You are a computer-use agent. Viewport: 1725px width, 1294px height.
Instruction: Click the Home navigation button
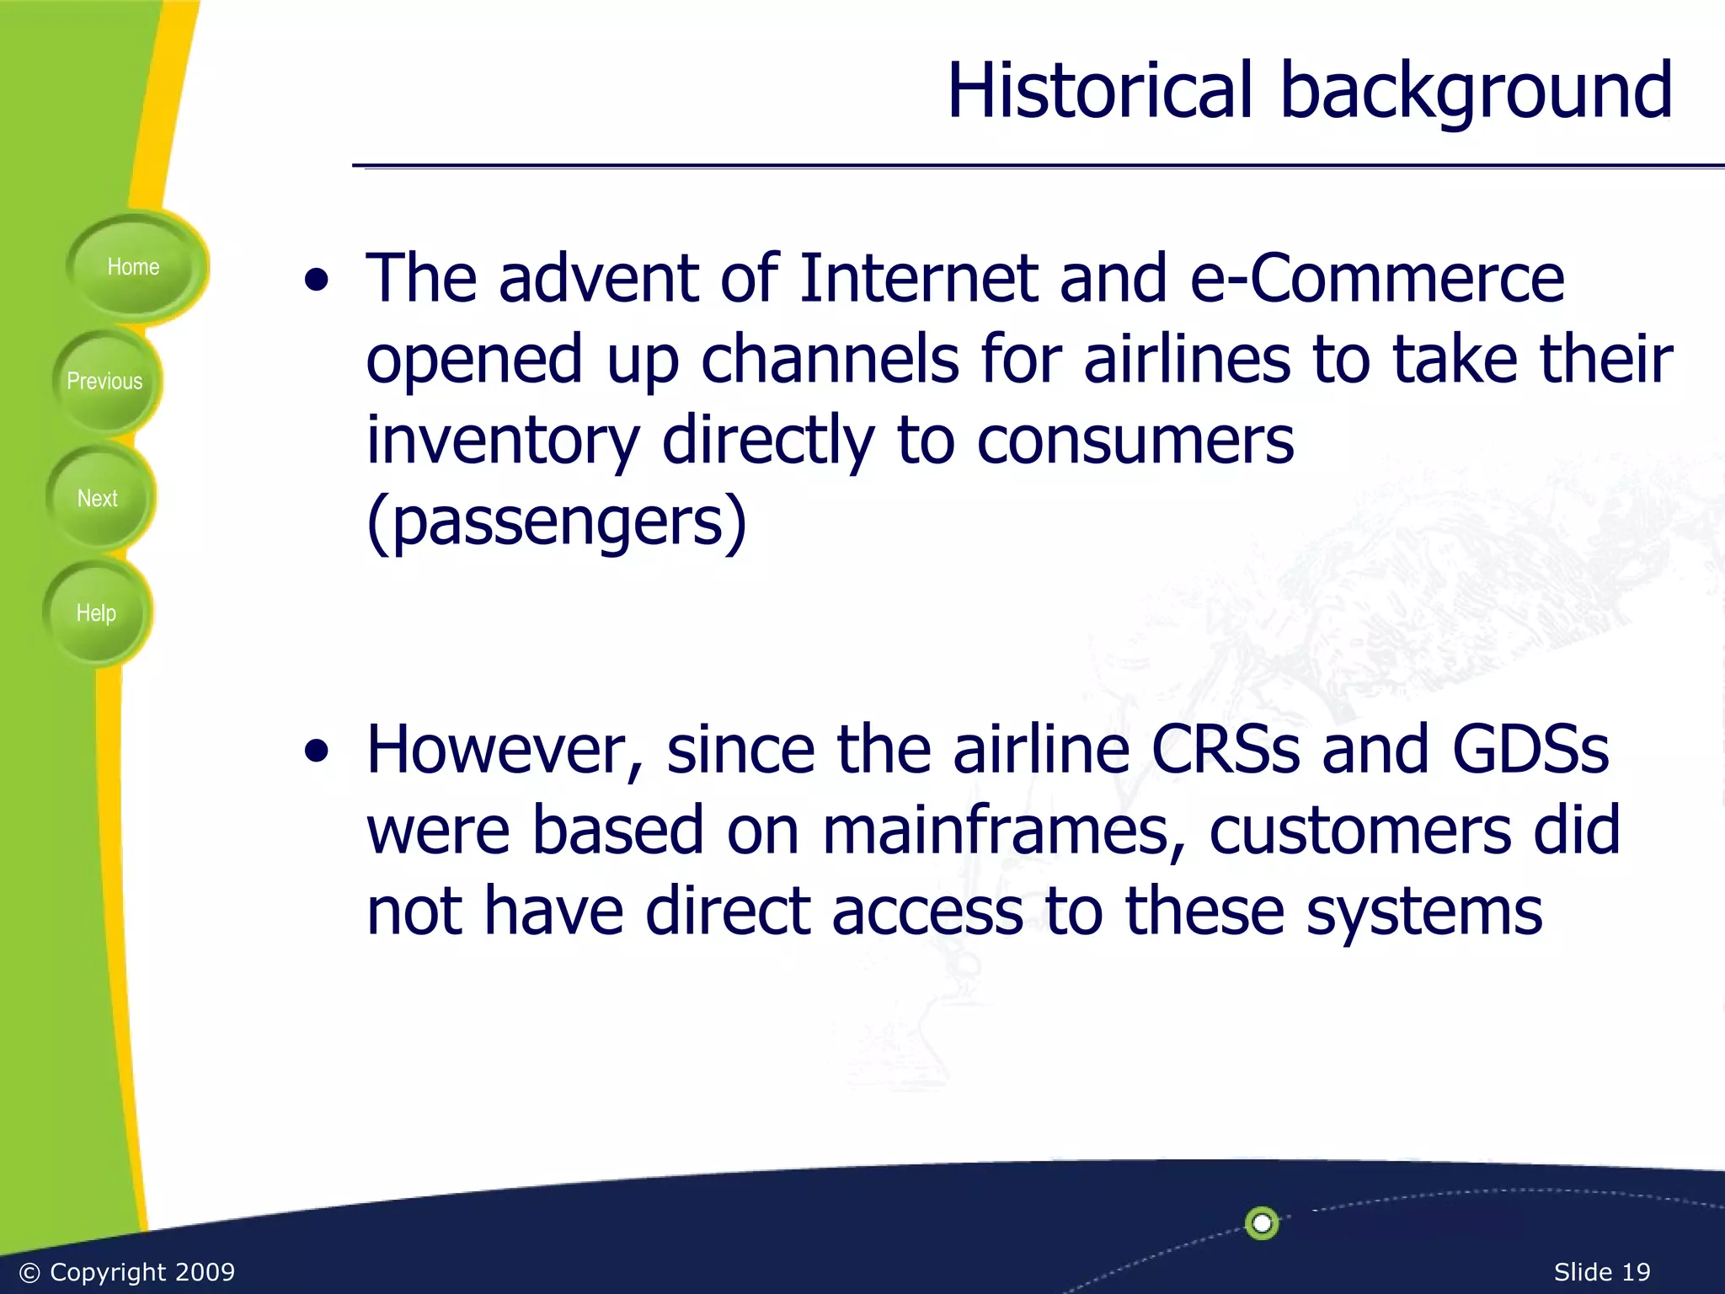[x=133, y=267]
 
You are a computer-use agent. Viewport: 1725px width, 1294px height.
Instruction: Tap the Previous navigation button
[x=105, y=382]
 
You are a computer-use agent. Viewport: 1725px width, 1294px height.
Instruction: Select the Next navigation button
[x=98, y=499]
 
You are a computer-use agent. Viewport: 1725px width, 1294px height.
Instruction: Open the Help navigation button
[x=96, y=613]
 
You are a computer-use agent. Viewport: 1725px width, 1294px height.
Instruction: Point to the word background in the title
[x=1476, y=93]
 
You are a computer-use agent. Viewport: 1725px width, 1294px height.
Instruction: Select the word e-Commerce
[x=1376, y=278]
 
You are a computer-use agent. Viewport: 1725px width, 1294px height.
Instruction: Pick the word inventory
[x=503, y=441]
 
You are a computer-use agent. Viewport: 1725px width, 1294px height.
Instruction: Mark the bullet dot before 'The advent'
[x=317, y=281]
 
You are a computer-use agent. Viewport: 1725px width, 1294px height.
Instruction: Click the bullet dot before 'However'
[x=317, y=751]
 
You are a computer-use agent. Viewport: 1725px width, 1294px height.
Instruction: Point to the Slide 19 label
[x=1601, y=1272]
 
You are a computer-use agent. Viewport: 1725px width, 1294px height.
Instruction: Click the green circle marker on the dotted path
[x=1262, y=1222]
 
